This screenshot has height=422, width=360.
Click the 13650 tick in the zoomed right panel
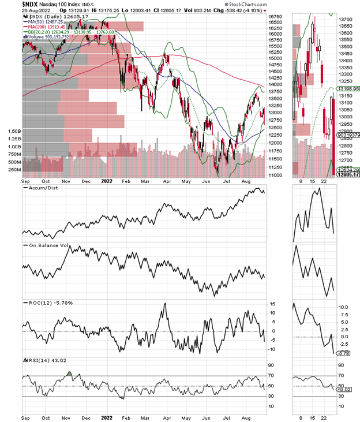click(x=347, y=20)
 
